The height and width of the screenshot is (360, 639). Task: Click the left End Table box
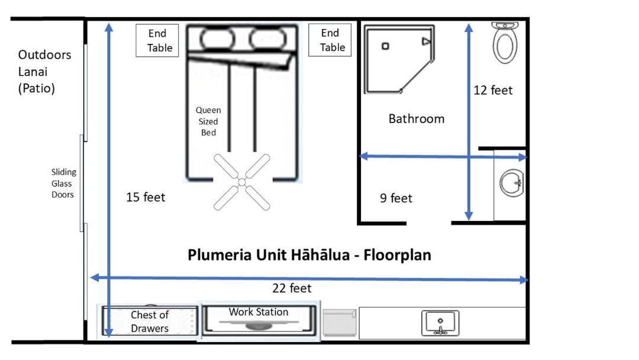pyautogui.click(x=157, y=40)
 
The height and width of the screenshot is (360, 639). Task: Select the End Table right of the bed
pyautogui.click(x=330, y=40)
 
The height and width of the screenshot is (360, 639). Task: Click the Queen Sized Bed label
pyautogui.click(x=208, y=121)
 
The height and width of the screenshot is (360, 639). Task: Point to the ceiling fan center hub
pyautogui.click(x=241, y=181)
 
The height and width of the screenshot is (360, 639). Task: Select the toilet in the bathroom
pyautogui.click(x=504, y=43)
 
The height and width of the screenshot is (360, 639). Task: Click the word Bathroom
pyautogui.click(x=416, y=118)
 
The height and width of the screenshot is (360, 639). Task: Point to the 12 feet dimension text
pyautogui.click(x=493, y=91)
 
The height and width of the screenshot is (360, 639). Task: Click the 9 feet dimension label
pyautogui.click(x=396, y=198)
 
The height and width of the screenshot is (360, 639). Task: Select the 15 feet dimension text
pyautogui.click(x=146, y=197)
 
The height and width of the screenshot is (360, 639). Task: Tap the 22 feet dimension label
pyautogui.click(x=292, y=288)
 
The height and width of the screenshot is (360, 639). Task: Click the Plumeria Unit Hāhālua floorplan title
pyautogui.click(x=309, y=255)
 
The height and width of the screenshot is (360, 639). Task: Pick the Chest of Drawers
pyautogui.click(x=149, y=322)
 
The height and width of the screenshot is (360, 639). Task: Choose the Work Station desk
pyautogui.click(x=259, y=320)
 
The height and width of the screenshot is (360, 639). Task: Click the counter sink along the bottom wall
pyautogui.click(x=440, y=323)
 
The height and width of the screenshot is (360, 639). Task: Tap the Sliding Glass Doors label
pyautogui.click(x=63, y=183)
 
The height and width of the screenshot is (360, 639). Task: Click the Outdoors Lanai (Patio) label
pyautogui.click(x=44, y=72)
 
